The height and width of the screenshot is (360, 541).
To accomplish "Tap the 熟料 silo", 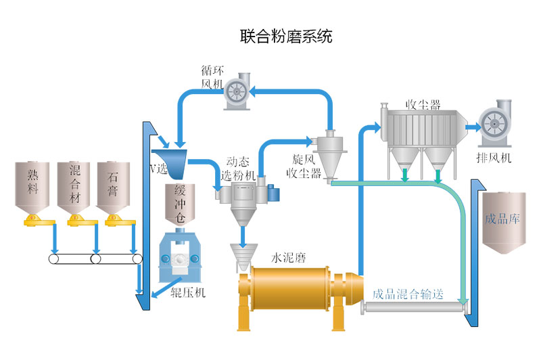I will [34, 184].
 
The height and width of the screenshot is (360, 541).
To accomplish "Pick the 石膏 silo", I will [112, 184].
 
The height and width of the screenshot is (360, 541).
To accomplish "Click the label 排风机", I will [494, 158].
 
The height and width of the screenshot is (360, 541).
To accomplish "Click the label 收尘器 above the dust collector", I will [423, 105].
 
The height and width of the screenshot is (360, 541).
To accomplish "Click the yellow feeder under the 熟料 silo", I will [34, 219].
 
